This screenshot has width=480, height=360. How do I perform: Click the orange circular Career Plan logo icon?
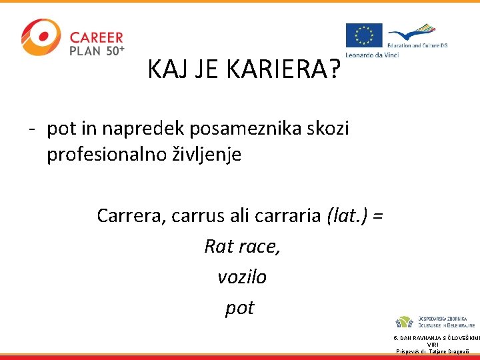point(40,38)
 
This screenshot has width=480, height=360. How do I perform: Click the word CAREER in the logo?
point(97,37)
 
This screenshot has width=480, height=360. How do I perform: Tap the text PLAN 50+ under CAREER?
point(97,51)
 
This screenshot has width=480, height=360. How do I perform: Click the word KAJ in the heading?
point(167,69)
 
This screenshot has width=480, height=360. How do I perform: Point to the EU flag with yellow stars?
point(364,37)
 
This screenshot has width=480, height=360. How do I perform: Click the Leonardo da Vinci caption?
point(372,55)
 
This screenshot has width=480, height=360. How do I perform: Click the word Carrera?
point(131,215)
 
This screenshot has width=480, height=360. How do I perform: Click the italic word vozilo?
point(241,277)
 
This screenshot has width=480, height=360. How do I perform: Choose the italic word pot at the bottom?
point(240,307)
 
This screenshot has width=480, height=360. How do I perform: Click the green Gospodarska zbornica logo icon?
point(404,322)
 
